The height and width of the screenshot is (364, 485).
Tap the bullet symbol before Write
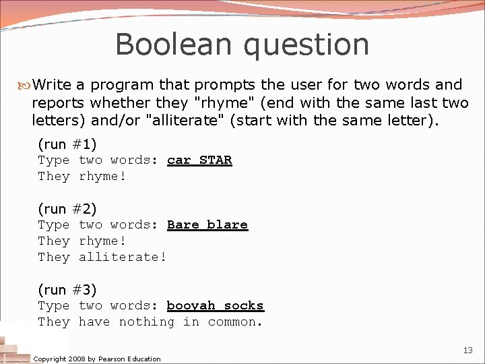pyautogui.click(x=25, y=85)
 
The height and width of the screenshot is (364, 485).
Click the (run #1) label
pyautogui.click(x=67, y=144)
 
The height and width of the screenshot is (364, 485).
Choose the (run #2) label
pyautogui.click(x=67, y=209)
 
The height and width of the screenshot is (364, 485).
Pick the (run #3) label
pyautogui.click(x=67, y=290)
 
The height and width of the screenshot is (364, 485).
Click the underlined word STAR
pyautogui.click(x=216, y=160)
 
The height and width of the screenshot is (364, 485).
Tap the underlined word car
pyautogui.click(x=179, y=160)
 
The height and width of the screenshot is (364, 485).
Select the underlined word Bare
pyautogui.click(x=183, y=225)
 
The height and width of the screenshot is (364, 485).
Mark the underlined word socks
pyautogui.click(x=244, y=306)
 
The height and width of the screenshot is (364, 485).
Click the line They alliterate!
pyautogui.click(x=102, y=257)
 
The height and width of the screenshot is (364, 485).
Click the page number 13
pyautogui.click(x=468, y=351)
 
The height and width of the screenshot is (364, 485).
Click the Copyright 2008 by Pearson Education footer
pyautogui.click(x=97, y=359)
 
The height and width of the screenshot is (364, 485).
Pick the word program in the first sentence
pyautogui.click(x=121, y=86)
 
